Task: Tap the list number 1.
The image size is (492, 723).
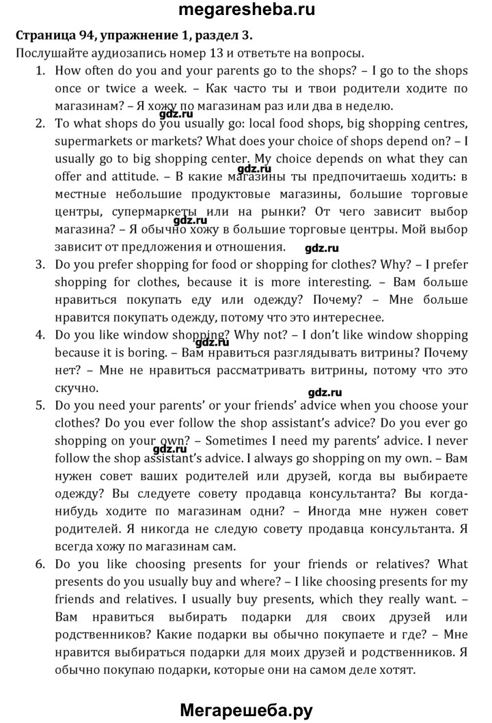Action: pyautogui.click(x=40, y=70)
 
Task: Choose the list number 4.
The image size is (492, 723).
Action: pyautogui.click(x=40, y=335)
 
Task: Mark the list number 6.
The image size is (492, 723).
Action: pyautogui.click(x=40, y=565)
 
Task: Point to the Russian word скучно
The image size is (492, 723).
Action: pyautogui.click(x=72, y=388)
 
